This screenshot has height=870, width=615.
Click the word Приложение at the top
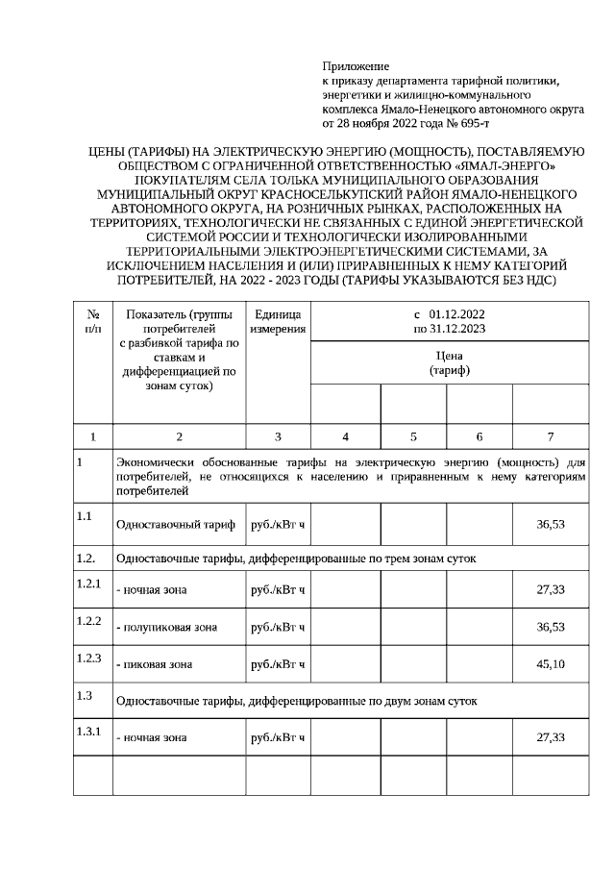356,67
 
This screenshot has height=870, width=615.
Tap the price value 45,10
551,664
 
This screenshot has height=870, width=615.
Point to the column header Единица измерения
278,321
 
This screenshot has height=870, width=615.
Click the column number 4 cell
345,435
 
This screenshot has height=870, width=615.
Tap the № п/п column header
93,321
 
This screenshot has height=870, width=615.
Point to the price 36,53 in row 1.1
551,526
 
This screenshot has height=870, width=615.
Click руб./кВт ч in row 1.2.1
277,589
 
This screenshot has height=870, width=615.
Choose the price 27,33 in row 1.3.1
551,737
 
